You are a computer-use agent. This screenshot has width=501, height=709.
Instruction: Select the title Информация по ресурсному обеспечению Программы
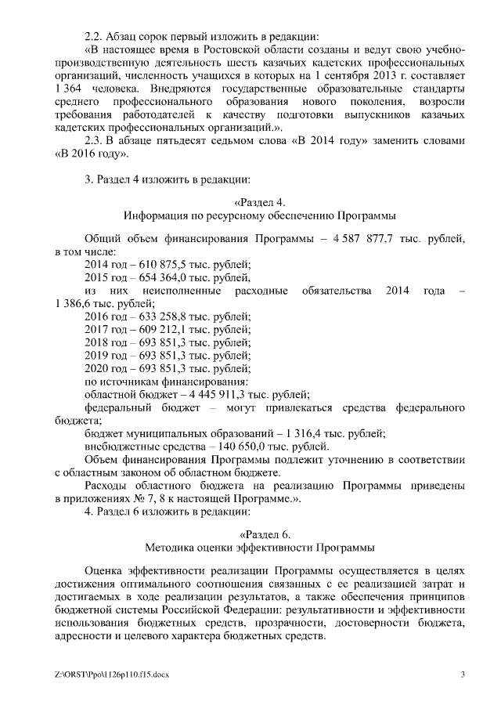(x=259, y=214)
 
